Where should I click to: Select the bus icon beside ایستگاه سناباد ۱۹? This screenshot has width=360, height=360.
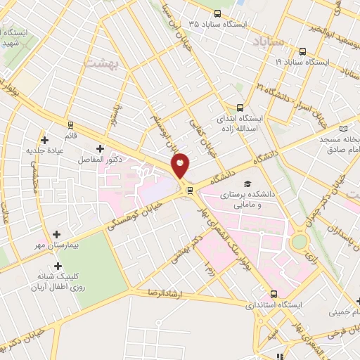[x=302, y=51]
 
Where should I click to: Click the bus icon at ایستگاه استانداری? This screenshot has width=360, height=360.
[x=274, y=295]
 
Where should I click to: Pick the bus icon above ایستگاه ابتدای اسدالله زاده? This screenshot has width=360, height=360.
[x=240, y=108]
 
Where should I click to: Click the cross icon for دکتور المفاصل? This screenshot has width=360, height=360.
[x=100, y=148]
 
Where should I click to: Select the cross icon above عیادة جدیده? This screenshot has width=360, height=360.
[x=44, y=139]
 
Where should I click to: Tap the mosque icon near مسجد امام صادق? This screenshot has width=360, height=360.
[x=344, y=128]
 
